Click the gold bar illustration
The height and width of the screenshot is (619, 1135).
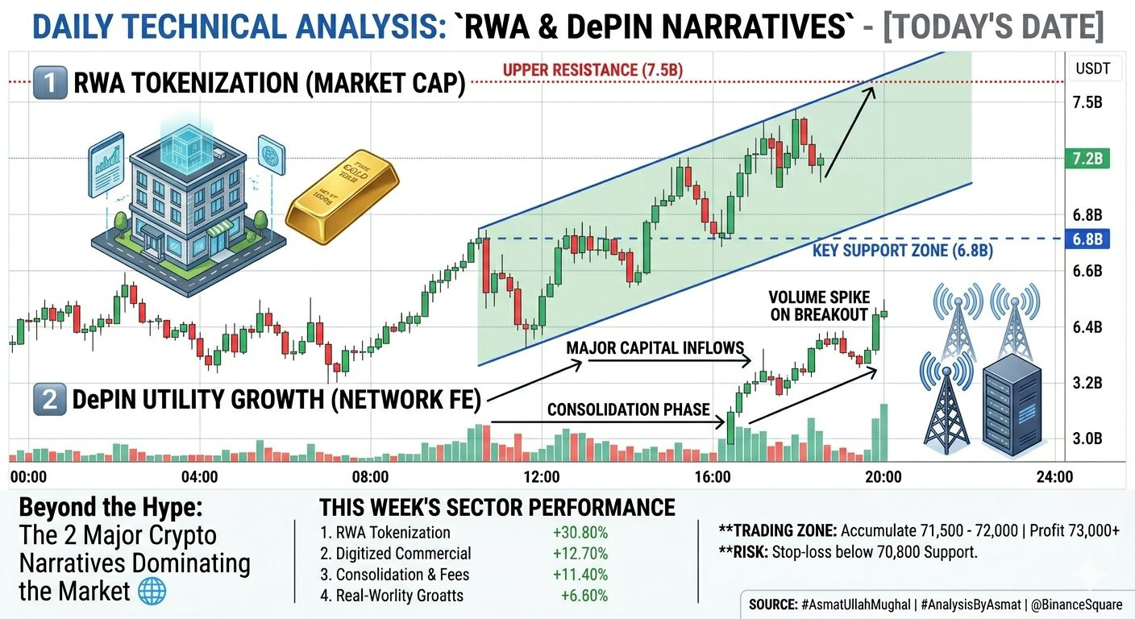(x=342, y=197)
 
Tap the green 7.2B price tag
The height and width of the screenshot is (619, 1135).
(x=1087, y=159)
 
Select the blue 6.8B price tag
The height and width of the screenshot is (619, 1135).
(x=1087, y=239)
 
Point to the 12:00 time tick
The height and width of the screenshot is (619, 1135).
(x=542, y=476)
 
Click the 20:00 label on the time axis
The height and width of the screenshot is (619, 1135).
(x=883, y=476)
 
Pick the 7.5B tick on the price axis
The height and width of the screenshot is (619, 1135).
(x=1087, y=102)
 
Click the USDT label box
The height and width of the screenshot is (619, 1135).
(x=1092, y=69)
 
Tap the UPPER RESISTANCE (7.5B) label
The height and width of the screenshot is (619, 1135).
(x=592, y=70)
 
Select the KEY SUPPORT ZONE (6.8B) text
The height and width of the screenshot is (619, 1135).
(x=902, y=250)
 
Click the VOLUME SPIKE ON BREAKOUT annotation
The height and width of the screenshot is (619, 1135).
(x=819, y=305)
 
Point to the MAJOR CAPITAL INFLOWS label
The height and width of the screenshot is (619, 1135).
(x=655, y=348)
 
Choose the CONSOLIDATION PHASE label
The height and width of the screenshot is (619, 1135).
(x=628, y=409)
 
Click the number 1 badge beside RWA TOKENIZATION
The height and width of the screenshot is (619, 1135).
(x=50, y=82)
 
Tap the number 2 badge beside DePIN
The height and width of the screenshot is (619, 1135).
(x=50, y=399)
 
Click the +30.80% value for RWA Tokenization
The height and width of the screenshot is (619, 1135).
(x=580, y=533)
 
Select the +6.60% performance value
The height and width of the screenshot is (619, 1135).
(x=584, y=595)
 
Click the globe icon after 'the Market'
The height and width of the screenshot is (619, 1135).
(x=152, y=591)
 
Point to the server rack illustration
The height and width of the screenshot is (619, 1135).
(x=1012, y=405)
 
